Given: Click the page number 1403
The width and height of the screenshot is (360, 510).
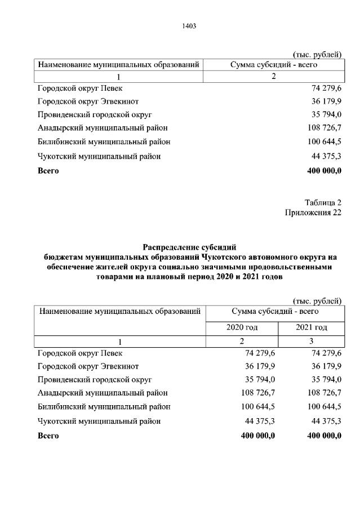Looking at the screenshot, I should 189,26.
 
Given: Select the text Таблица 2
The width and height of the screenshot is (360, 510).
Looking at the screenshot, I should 323,203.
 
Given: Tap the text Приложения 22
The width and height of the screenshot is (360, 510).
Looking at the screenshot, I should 313,212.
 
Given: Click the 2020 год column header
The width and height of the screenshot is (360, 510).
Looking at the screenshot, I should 242,327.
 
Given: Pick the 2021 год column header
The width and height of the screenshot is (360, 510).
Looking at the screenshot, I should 311,327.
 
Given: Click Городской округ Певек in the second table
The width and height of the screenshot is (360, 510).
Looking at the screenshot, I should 79,354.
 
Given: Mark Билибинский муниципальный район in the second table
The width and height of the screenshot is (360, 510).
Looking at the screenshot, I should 104,407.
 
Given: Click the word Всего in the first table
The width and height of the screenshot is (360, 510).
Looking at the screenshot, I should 48,170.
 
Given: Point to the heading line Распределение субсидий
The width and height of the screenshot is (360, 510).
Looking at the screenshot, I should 189,247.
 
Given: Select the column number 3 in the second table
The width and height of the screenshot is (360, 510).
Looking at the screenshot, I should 312,342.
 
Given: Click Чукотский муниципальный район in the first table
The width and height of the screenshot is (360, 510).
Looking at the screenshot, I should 99,157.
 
